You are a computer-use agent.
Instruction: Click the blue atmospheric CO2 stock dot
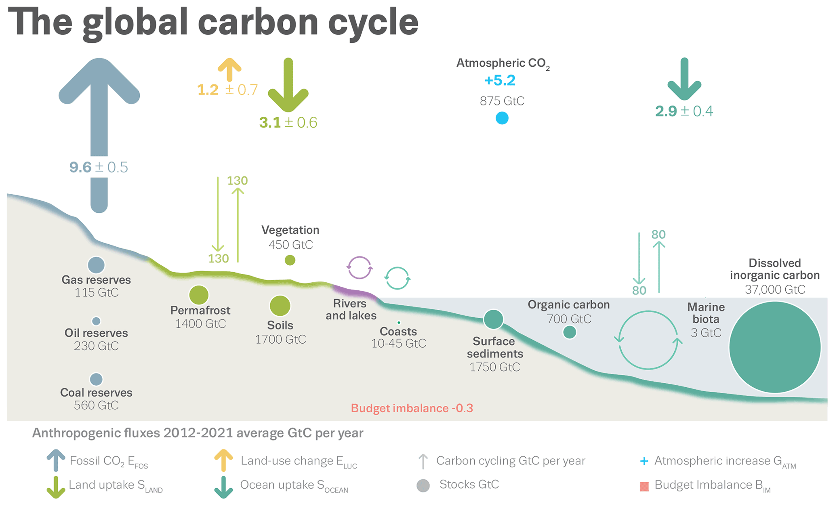(x=502, y=118)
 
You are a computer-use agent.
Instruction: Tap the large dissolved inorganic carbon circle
(x=775, y=347)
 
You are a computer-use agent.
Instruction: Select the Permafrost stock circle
(x=199, y=295)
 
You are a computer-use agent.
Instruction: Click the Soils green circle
(x=280, y=306)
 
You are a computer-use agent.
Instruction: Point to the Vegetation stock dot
(x=290, y=260)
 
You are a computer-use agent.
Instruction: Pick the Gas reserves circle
(x=96, y=265)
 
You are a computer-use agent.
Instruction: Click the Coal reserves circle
(x=96, y=379)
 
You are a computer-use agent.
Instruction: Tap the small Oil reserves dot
(x=96, y=321)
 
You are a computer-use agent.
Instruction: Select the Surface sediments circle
(x=493, y=319)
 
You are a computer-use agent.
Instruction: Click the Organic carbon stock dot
(x=570, y=332)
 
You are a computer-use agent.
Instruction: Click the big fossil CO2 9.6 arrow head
(x=99, y=81)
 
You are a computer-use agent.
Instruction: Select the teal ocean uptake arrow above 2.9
(x=684, y=81)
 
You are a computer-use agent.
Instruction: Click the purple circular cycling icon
(x=359, y=268)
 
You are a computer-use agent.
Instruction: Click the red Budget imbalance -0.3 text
(x=412, y=408)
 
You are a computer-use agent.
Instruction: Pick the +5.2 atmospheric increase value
(x=500, y=80)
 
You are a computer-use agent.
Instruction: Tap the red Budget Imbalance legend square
(x=644, y=486)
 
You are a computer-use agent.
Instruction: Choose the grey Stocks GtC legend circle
(x=423, y=485)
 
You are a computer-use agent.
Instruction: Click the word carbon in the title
(x=259, y=22)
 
